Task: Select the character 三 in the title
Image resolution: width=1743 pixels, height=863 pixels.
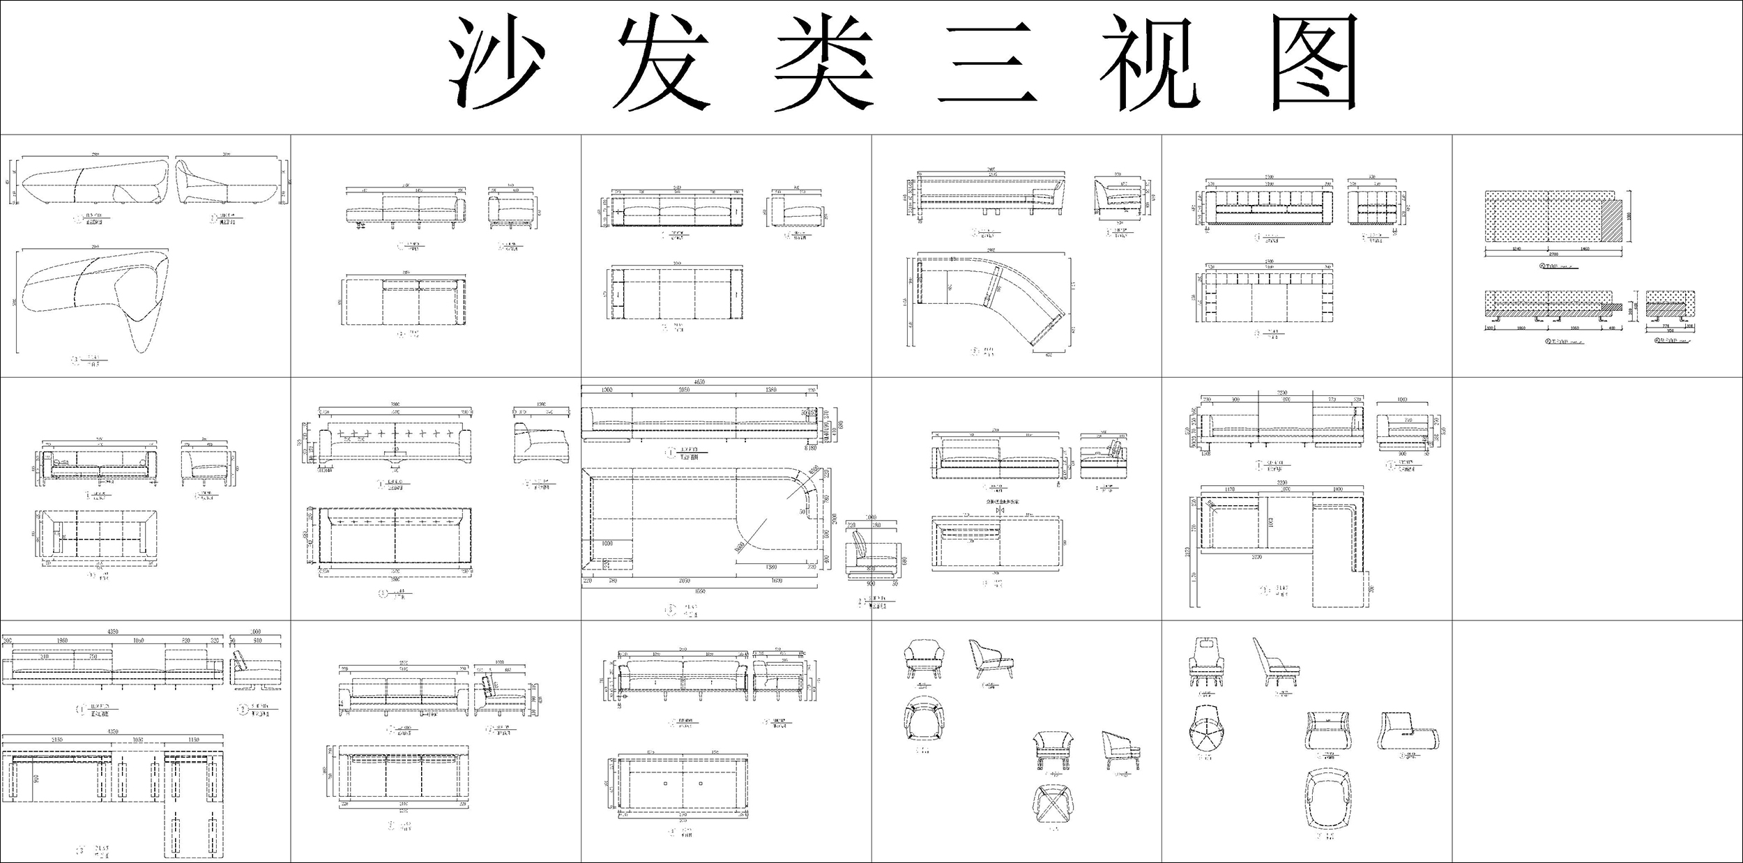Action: [987, 64]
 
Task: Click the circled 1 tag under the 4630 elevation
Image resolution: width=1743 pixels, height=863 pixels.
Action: [671, 452]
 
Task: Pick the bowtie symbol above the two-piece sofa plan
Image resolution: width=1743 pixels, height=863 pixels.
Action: [1000, 511]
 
